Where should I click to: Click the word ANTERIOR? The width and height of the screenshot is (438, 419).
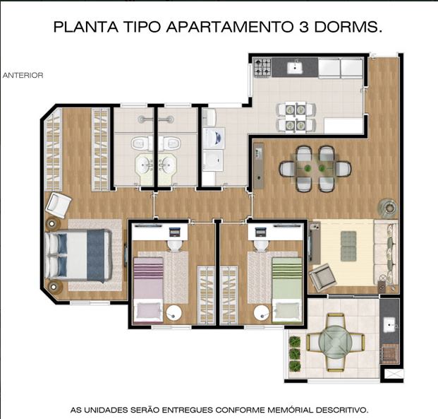pyautogui.click(x=23, y=76)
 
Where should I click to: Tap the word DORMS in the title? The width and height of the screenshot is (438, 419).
pyautogui.click(x=348, y=27)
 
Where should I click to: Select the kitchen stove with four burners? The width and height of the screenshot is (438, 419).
pyautogui.click(x=262, y=67)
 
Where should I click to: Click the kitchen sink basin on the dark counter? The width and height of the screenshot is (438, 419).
pyautogui.click(x=296, y=66)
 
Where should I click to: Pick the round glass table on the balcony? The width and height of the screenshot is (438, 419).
pyautogui.click(x=336, y=342)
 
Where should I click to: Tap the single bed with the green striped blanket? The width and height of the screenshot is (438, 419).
pyautogui.click(x=287, y=290)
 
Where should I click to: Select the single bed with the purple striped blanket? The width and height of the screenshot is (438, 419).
pyautogui.click(x=148, y=290)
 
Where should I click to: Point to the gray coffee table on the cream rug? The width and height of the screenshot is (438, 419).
pyautogui.click(x=348, y=246)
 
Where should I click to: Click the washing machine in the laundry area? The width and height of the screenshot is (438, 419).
pyautogui.click(x=214, y=138)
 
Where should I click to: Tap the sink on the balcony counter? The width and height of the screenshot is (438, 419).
pyautogui.click(x=390, y=325)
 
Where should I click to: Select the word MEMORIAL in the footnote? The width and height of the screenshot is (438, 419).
pyautogui.click(x=291, y=410)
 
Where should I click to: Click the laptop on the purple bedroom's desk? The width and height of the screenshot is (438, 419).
pyautogui.click(x=175, y=232)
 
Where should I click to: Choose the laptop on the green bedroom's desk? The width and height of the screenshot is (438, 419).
pyautogui.click(x=261, y=232)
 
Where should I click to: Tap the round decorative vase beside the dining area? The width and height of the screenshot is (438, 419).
pyautogui.click(x=388, y=208)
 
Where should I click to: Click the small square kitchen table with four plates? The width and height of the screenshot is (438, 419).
pyautogui.click(x=296, y=117)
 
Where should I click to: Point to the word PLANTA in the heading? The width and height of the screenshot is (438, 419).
pyautogui.click(x=86, y=27)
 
